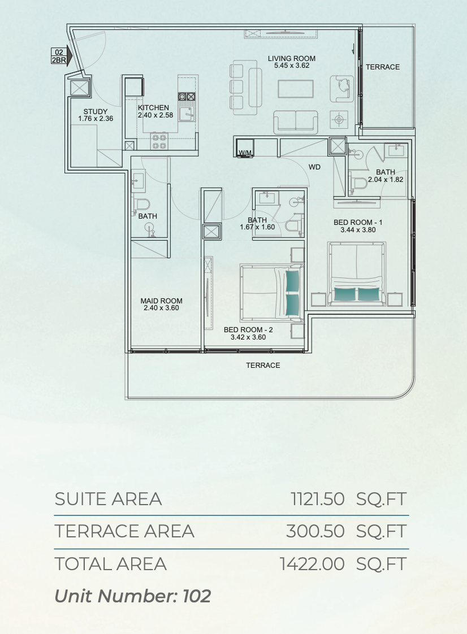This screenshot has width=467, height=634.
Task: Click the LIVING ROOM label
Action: point(291,59)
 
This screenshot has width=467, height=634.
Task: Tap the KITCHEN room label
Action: point(153,108)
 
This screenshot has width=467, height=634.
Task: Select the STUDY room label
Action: point(96,111)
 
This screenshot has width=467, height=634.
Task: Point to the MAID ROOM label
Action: point(162,301)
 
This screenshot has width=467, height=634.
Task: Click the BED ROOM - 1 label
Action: point(358,223)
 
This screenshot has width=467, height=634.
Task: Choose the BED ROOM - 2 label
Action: point(248,330)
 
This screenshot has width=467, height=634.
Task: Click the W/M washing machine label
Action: point(245,153)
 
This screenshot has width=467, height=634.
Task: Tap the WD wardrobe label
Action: point(314,167)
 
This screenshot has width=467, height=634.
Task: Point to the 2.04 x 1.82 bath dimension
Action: point(385,180)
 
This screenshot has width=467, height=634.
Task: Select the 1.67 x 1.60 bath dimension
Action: point(257,227)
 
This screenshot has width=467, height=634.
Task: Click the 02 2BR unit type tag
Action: point(59,56)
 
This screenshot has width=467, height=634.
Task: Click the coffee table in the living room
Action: point(296,89)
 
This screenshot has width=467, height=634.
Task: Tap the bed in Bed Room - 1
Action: point(357,273)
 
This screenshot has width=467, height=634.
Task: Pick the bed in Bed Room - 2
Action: point(271,291)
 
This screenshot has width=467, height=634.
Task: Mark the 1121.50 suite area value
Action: point(318,499)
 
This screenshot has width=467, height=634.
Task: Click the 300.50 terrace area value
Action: point(315,531)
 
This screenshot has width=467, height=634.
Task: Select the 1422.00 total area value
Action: point(313,564)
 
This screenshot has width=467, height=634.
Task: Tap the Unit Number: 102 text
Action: point(133,596)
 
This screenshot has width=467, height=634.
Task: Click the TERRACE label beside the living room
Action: point(383,67)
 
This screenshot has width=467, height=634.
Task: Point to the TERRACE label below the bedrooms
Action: point(263,366)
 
